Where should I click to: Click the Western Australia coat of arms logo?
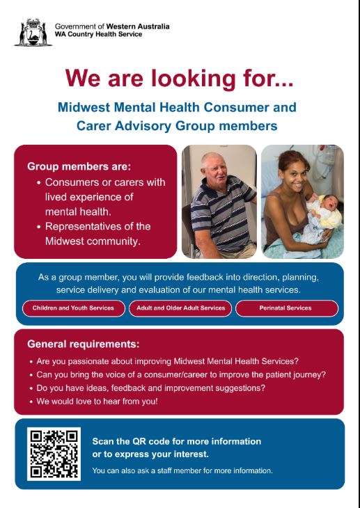(33, 33)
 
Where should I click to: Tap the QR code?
(54, 454)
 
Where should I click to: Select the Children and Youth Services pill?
(73, 308)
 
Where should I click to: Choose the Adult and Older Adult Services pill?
(180, 308)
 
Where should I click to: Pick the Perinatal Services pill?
(287, 308)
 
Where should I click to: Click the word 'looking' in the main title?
(193, 79)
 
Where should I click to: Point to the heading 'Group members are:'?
(79, 166)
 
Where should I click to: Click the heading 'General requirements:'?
(84, 344)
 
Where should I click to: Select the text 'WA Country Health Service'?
(98, 34)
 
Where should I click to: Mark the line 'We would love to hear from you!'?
(97, 402)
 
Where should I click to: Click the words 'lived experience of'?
(89, 197)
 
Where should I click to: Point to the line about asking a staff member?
(182, 470)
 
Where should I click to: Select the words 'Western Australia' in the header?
(138, 26)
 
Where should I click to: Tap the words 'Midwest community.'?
(93, 241)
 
